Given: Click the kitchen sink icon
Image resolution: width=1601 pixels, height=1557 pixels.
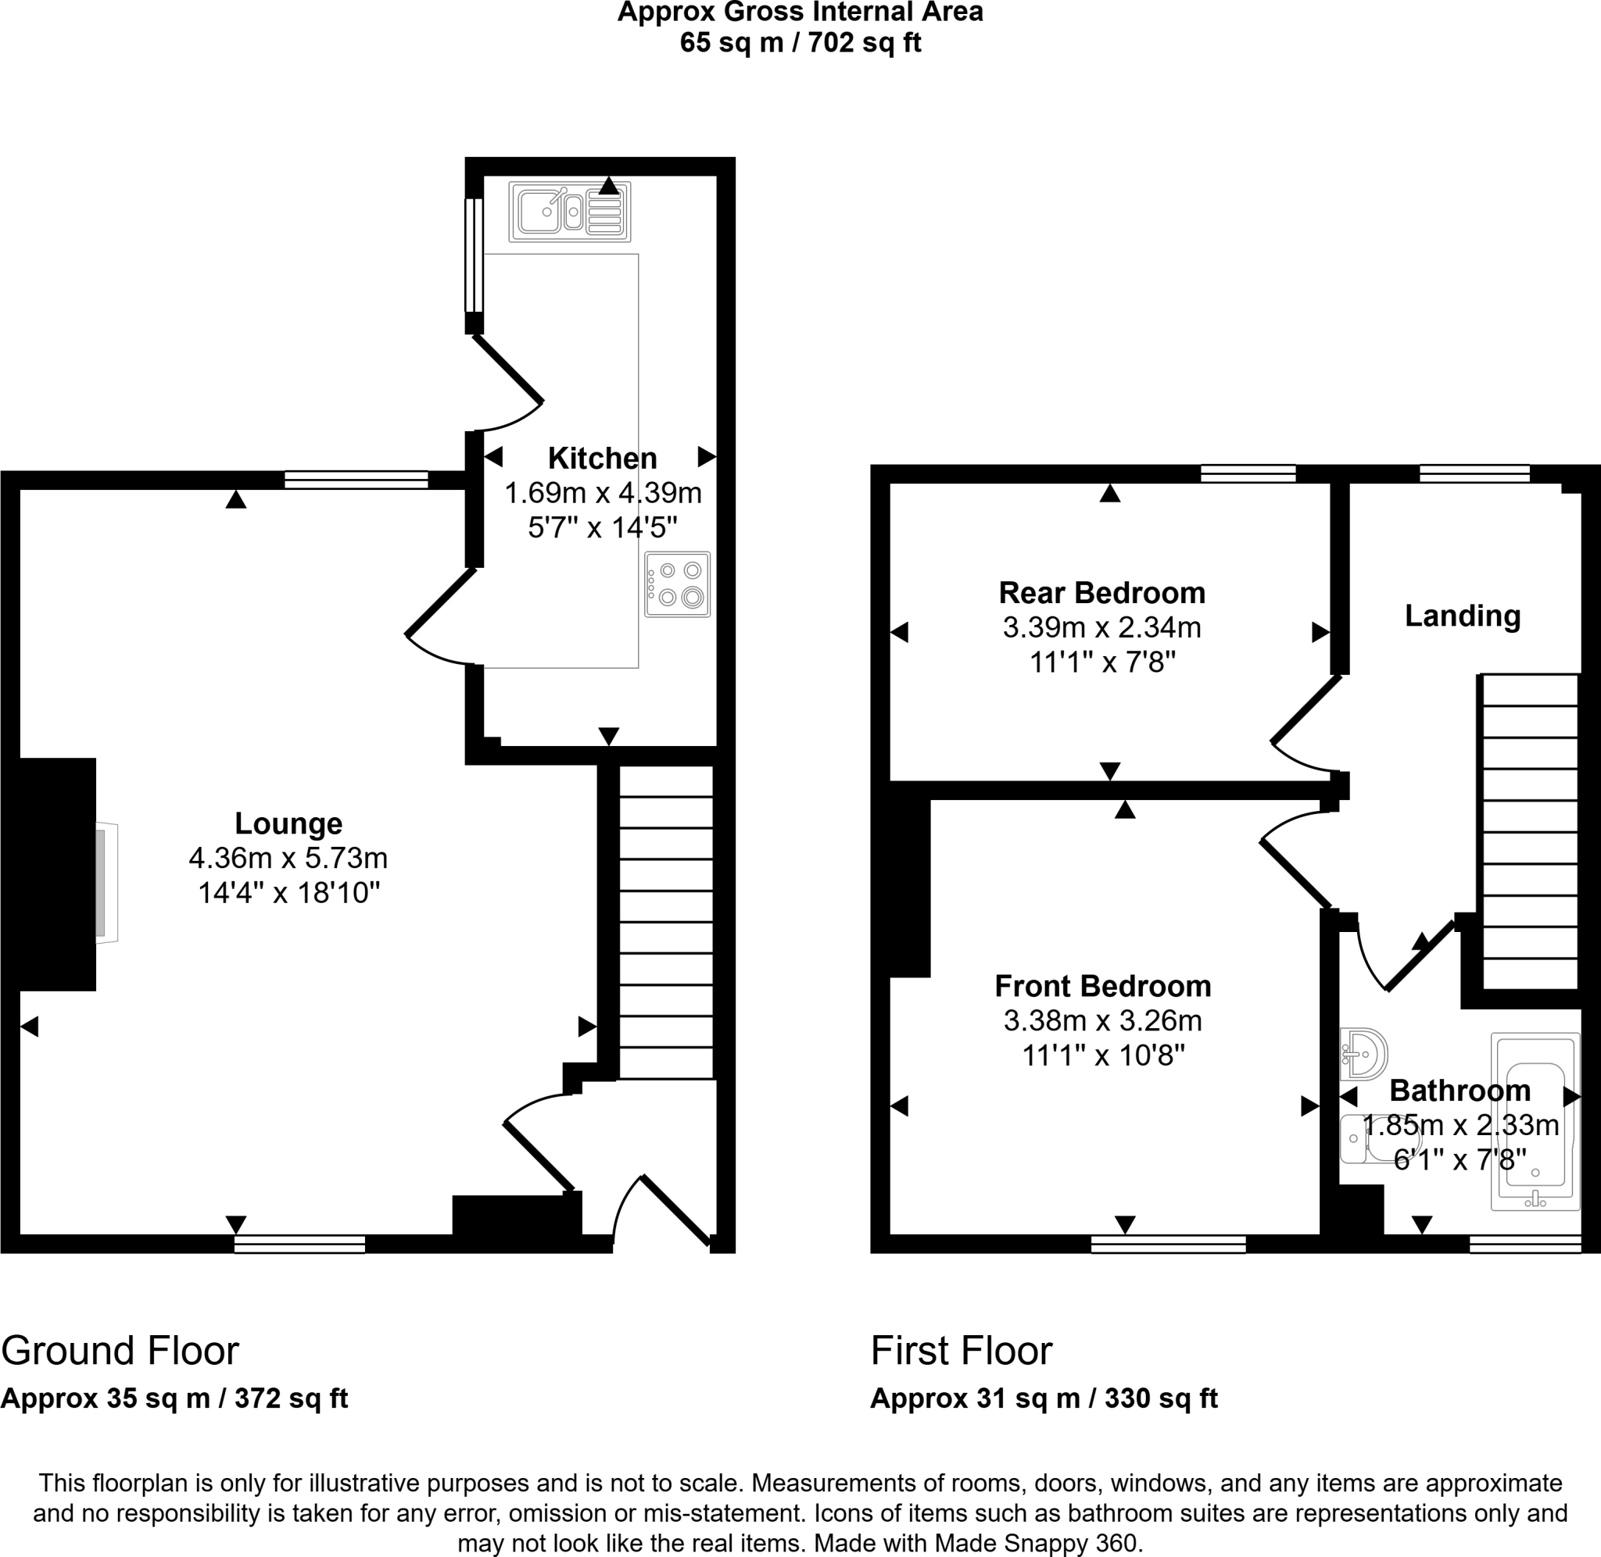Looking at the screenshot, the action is coord(569,212).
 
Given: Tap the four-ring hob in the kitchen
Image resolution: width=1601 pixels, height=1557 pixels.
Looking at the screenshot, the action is coord(678,584).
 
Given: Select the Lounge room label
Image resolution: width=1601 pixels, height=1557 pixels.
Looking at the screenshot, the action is coord(288,823).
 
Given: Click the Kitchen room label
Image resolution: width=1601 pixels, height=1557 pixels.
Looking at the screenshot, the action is coord(602,458).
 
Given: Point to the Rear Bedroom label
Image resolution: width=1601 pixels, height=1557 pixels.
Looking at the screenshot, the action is coord(1102,592).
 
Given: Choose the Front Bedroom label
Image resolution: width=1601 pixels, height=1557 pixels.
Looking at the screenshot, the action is coord(1103,986).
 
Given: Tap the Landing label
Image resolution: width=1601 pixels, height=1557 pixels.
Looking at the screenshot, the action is coord(1463,616).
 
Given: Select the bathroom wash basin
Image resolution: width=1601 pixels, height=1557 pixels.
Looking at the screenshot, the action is coord(1364,1054).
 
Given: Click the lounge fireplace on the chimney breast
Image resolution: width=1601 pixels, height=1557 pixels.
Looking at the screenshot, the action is coord(105,883).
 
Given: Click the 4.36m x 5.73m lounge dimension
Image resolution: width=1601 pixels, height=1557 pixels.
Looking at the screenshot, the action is coord(288,858).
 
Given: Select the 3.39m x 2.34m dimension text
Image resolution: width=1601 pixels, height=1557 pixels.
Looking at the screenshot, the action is coord(1102,627).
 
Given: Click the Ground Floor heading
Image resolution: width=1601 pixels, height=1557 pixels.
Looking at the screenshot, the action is coord(120,1351).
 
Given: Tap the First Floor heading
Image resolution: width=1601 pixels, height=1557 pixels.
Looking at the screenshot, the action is coord(962,1351).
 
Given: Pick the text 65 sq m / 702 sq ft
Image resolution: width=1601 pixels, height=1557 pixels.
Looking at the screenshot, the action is coord(800,42).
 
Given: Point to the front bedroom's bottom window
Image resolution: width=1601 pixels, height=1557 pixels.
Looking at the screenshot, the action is coord(1168,1245).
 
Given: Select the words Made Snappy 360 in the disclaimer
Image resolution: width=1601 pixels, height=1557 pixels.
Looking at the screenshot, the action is coord(1037,1543).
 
